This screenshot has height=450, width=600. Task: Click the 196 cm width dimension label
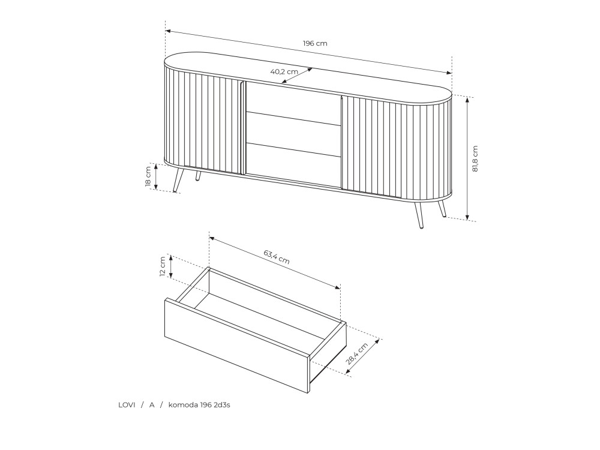(315, 43)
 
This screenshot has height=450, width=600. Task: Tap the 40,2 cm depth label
(284, 71)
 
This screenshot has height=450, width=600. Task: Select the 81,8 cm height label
(475, 158)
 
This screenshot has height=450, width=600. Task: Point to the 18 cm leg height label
(148, 176)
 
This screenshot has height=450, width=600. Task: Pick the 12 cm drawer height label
(163, 266)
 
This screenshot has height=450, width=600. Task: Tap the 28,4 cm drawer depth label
(356, 353)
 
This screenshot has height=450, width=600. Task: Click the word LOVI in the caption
(127, 405)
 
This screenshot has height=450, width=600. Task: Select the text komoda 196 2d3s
(199, 405)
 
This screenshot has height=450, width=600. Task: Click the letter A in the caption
(152, 405)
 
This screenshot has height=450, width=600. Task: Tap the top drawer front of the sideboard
(293, 103)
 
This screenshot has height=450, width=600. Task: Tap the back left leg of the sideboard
(198, 176)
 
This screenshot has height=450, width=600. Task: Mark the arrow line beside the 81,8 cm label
(467, 158)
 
